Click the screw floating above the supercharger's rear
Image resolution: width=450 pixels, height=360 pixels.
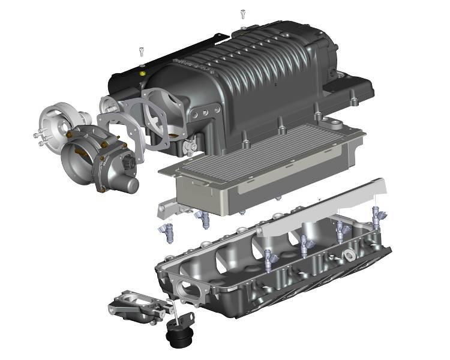(243, 13)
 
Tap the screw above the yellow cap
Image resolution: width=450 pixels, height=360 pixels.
(142, 51)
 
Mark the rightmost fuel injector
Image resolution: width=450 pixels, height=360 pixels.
(376, 215)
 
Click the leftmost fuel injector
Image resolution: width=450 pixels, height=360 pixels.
(165, 232)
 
